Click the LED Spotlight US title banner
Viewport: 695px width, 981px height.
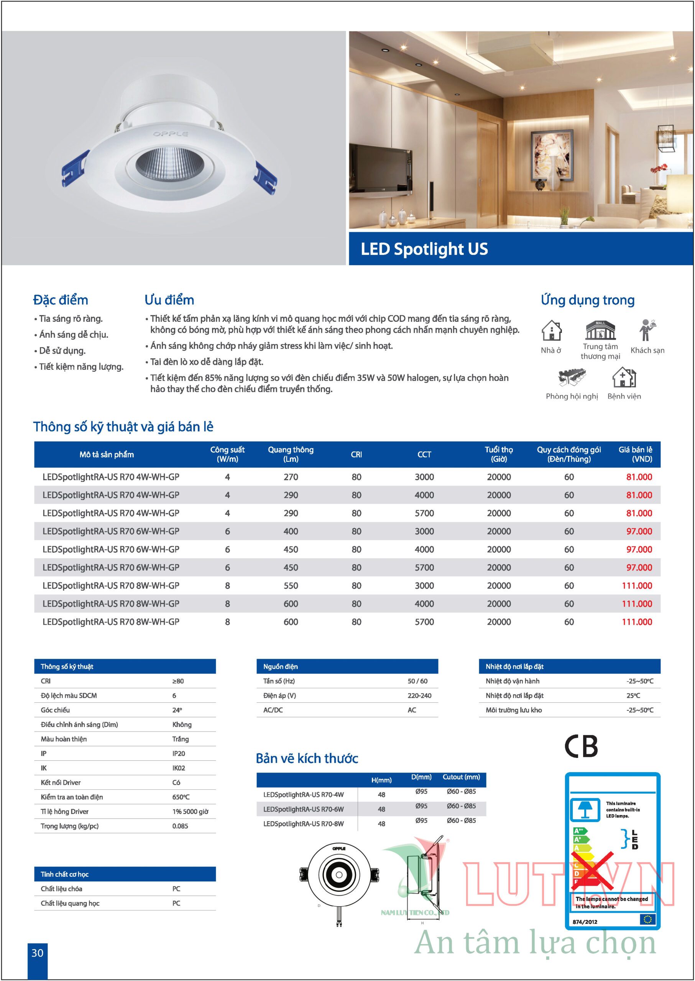[521, 249]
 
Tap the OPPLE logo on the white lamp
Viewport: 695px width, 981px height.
[170, 134]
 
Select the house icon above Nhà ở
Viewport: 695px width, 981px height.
[551, 330]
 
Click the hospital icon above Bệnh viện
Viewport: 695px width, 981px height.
[624, 377]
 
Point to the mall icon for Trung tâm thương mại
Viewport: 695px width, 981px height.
[600, 330]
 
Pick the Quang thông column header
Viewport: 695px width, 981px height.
[291, 454]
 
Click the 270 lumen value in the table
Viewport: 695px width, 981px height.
[291, 477]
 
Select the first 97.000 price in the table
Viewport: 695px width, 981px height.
[639, 531]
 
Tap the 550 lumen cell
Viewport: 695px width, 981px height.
[291, 585]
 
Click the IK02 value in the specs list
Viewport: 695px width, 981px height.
[179, 768]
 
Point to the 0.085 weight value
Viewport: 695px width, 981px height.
[180, 826]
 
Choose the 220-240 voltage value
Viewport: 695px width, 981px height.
[419, 696]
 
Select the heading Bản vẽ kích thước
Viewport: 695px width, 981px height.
[307, 758]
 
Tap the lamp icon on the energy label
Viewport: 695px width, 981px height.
[585, 809]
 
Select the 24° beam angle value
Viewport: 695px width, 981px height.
[177, 710]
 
